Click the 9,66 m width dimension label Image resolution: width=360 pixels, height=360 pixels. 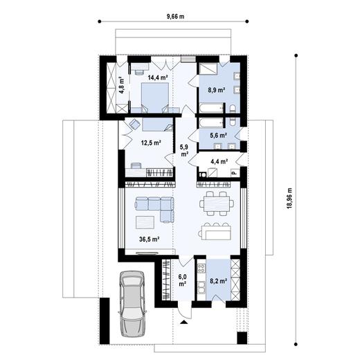point(175,17)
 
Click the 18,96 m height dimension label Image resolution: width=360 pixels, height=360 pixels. point(289,198)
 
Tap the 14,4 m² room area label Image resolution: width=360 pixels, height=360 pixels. point(158,78)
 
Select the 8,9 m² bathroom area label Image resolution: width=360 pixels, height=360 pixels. point(217,90)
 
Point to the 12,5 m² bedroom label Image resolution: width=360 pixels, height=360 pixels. point(151,143)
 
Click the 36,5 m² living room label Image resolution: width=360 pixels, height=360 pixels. point(150,240)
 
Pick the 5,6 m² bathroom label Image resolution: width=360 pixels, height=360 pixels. point(218,135)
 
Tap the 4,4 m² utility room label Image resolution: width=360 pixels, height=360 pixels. point(219,161)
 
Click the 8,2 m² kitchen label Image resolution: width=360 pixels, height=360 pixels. point(218,281)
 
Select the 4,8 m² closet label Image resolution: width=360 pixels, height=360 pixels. point(121,85)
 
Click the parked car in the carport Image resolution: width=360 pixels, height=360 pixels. point(132,304)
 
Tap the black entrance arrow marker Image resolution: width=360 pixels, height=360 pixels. point(184,323)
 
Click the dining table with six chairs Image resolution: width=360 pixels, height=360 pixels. point(217,204)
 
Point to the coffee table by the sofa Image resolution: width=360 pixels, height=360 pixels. point(145,222)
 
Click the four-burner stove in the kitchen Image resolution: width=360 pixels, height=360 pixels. point(201,268)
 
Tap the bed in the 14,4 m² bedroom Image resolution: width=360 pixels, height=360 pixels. point(155,98)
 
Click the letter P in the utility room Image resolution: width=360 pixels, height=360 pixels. point(233,173)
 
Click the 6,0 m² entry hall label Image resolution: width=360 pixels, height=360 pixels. point(182,280)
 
